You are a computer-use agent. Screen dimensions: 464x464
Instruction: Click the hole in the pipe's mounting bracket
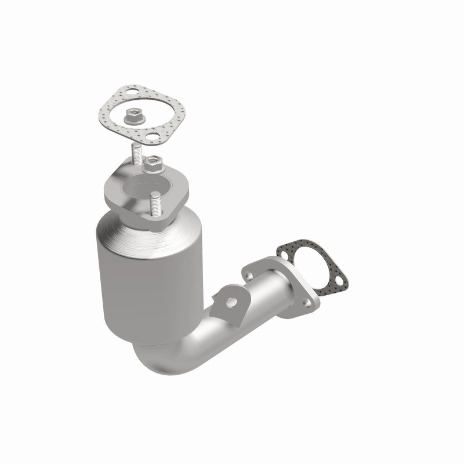point(231,302)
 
